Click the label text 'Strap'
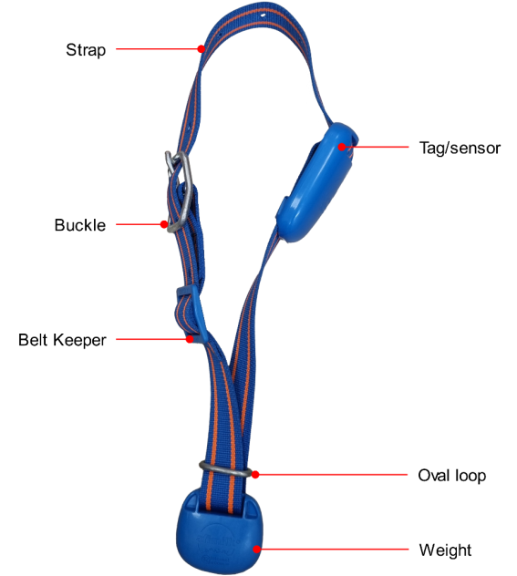86,50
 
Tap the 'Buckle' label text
80,225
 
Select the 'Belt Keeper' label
62,340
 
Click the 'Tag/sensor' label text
460,148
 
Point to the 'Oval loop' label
452,476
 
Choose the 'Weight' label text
445,550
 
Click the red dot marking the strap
201,48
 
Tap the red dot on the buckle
164,224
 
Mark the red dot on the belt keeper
190,339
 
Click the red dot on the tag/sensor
342,147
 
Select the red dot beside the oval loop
255,475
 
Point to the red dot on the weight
257,550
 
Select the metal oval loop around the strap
225,468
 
